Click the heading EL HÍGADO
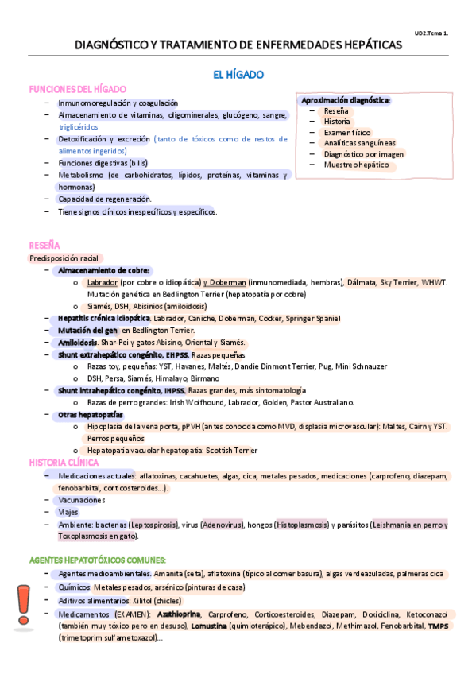(238, 75)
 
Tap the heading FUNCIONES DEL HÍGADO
(77, 89)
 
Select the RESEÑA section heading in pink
(45, 246)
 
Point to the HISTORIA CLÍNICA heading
(64, 462)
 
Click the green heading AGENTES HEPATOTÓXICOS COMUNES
(97, 560)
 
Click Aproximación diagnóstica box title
(345, 100)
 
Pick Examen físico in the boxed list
(346, 133)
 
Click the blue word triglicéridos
(79, 126)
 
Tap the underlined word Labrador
(103, 282)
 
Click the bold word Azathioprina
(178, 614)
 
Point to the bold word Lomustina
(210, 626)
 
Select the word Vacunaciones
(82, 500)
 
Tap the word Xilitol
(141, 601)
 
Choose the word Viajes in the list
(68, 513)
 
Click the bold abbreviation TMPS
(438, 626)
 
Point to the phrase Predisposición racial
(62, 258)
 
